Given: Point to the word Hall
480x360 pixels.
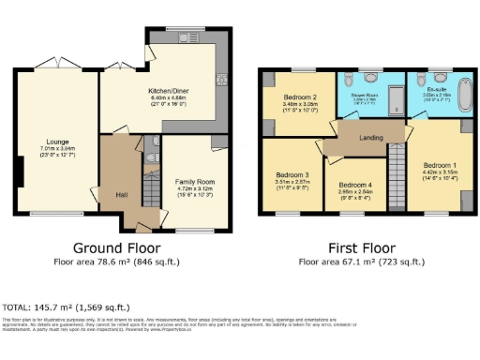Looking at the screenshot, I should (121, 194).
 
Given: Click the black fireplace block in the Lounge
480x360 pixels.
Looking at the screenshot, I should (19, 171).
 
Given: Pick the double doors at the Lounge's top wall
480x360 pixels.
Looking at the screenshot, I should (56, 63).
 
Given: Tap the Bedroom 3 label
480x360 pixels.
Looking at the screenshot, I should (292, 174).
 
